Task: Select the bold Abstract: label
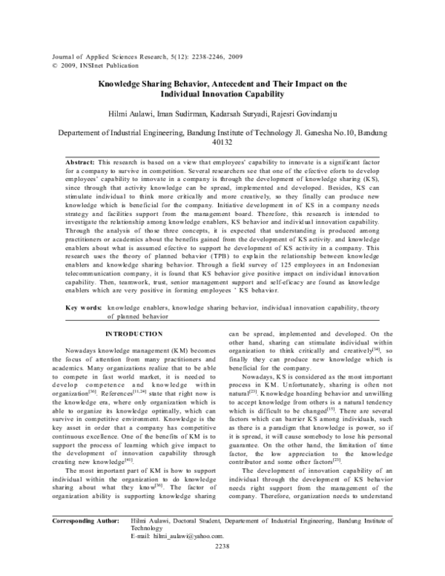point(80,161)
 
